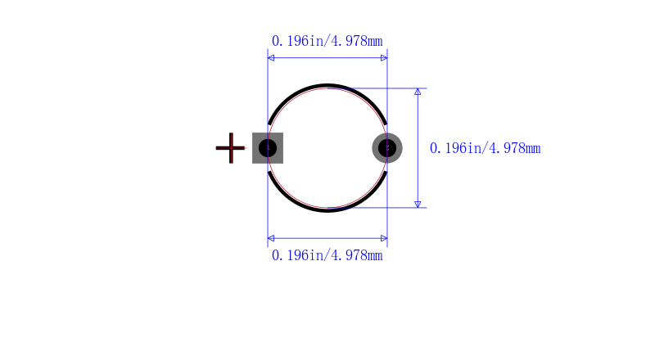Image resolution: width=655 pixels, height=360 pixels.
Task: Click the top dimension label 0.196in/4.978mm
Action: (x=327, y=41)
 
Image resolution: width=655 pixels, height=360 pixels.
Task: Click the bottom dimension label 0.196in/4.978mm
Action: (x=327, y=255)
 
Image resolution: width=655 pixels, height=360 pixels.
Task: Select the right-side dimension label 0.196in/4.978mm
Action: (x=485, y=148)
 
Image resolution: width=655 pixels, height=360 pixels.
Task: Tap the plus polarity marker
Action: (x=230, y=148)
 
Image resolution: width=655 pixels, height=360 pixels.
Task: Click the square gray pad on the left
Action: (x=268, y=148)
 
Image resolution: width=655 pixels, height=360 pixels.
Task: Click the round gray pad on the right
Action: (x=387, y=148)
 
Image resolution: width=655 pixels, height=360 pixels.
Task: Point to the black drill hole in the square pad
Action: (x=268, y=148)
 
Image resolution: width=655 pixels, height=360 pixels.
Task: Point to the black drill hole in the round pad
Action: (x=387, y=148)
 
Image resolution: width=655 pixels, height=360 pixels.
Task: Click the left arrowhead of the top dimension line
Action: (x=271, y=57)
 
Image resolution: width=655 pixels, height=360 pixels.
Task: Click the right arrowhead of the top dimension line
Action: (x=384, y=57)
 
